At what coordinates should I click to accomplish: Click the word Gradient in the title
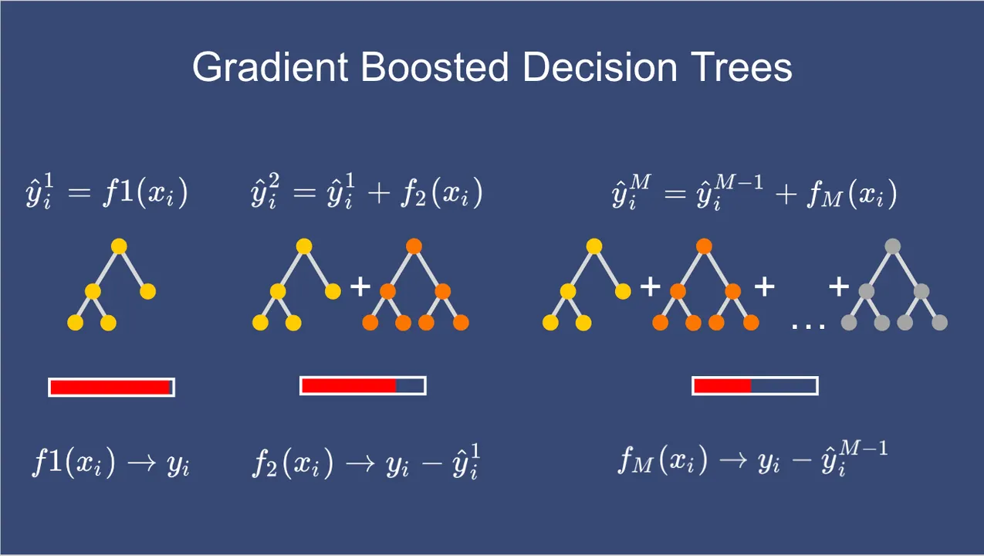[270, 68]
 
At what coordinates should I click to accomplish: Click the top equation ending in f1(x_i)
[107, 194]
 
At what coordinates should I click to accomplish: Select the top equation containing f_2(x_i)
[367, 194]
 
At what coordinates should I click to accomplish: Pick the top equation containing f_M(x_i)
[754, 194]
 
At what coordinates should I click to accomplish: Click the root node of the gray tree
[892, 247]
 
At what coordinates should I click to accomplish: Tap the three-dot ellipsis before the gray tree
[809, 325]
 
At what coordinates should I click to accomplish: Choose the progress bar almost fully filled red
[112, 387]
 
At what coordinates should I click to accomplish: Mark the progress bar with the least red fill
[755, 385]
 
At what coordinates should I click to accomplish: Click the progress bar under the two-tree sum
[363, 385]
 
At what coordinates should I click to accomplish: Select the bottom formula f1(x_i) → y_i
[111, 463]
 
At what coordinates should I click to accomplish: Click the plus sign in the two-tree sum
[360, 287]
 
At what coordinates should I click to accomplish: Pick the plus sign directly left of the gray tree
[839, 287]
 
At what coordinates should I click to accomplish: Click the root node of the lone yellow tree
[119, 247]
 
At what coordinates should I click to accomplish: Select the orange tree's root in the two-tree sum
[414, 247]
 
